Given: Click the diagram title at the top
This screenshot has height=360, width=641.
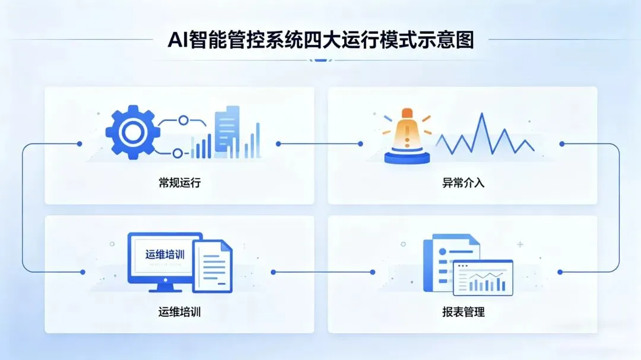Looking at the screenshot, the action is coord(321,42).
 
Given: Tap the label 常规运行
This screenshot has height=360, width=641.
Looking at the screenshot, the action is coord(179,182).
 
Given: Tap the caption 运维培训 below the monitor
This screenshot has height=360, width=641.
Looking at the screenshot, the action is coord(179,311).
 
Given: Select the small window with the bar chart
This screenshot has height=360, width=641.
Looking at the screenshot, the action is coord(483,278).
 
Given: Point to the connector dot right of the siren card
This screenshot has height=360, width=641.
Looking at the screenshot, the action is coord(561,144).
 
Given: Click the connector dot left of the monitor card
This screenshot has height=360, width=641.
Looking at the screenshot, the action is coord(82,272).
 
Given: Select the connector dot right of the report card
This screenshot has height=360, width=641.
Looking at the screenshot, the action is coord(560,272).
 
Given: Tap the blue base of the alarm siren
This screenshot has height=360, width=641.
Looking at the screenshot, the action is coord(407,157).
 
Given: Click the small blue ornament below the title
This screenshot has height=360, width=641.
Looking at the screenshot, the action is coord(321,59).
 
